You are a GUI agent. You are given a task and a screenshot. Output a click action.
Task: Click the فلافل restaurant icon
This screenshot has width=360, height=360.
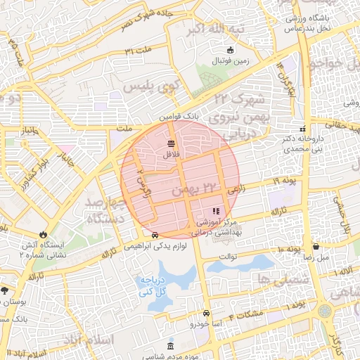(x=172, y=143)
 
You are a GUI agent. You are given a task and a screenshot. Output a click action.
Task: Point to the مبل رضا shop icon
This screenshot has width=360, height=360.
(x=316, y=247)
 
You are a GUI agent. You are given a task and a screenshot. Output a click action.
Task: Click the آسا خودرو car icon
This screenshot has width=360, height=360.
(x=205, y=313)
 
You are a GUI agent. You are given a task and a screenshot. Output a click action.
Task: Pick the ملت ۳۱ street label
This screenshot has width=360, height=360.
(x=139, y=51)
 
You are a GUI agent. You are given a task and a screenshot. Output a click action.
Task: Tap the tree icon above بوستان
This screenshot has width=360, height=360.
(x=6, y=290)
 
